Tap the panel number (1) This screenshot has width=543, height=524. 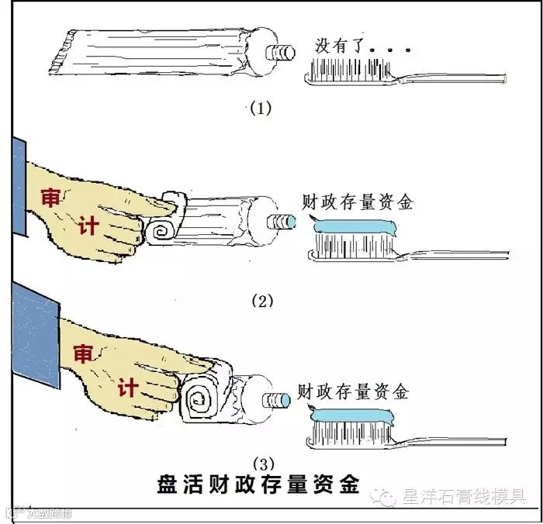click(x=259, y=108)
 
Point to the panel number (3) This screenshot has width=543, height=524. click(x=262, y=464)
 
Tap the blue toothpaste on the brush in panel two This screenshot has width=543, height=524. click(x=353, y=227)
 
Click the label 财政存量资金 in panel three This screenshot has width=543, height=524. click(x=354, y=391)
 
